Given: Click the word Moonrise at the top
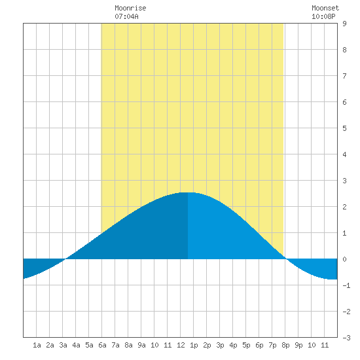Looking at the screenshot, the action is tap(130, 8).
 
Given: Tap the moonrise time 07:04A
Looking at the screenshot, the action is tap(126, 16).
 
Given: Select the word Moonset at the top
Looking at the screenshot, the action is tap(325, 8).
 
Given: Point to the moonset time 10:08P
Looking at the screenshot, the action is tap(323, 16).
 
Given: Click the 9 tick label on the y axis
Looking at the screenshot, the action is tap(344, 24).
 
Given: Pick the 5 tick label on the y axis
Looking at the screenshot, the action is tap(344, 128).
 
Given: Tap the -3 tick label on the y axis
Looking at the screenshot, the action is tap(346, 338).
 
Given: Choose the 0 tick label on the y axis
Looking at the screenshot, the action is tap(344, 259).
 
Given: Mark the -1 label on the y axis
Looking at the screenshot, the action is tap(346, 285).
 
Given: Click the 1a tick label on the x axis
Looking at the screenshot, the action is tap(37, 345).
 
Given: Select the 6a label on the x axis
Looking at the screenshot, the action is tap(102, 345).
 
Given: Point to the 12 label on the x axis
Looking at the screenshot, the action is tap(181, 345).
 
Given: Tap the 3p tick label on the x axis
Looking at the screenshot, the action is tap(220, 345).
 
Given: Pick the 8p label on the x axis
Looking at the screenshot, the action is tap(285, 345).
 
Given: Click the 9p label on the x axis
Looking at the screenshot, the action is tap(298, 345).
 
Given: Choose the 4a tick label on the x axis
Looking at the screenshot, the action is tap(76, 345).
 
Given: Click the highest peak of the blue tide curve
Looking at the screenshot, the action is tap(188, 192).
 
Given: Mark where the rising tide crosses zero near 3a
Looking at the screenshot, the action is tap(65, 259).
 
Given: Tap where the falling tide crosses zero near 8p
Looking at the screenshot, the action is tap(286, 259).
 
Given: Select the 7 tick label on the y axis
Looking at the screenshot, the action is tap(344, 76).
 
